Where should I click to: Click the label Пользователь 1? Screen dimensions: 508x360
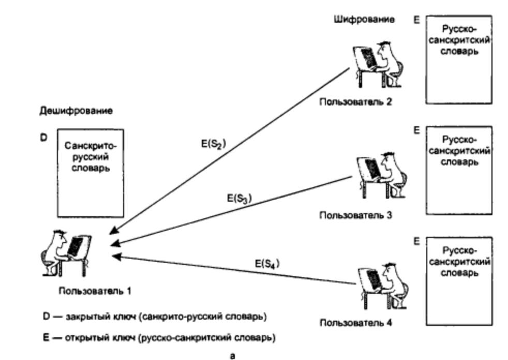click(x=95, y=291)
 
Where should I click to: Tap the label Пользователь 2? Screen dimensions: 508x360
click(x=356, y=102)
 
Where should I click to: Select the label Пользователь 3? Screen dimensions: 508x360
click(x=356, y=215)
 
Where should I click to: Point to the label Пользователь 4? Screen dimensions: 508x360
click(x=356, y=323)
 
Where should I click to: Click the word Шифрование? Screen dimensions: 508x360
click(x=364, y=20)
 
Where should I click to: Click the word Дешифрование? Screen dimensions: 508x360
click(x=76, y=111)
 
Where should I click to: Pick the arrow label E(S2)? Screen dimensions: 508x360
click(x=214, y=144)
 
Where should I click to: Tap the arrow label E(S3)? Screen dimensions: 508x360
click(x=240, y=198)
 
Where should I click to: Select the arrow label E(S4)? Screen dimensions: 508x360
click(x=267, y=264)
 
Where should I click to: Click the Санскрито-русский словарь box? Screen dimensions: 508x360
click(x=91, y=173)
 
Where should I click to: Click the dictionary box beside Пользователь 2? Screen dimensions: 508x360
click(x=459, y=59)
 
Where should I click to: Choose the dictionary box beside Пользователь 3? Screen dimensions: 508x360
click(x=459, y=171)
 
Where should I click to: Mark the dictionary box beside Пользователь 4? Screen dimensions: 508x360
click(x=459, y=281)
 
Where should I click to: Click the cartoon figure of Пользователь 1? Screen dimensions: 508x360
click(x=66, y=253)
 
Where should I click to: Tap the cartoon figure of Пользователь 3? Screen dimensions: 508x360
click(x=382, y=175)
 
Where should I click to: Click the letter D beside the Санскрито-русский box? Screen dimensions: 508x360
click(x=43, y=138)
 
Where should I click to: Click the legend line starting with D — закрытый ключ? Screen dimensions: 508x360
click(x=155, y=317)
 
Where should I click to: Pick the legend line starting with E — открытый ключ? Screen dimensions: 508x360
click(x=159, y=338)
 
